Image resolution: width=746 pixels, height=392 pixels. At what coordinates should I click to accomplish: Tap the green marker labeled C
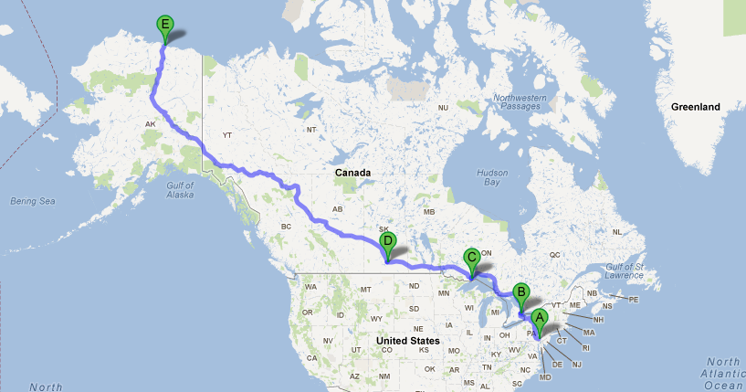tap(471, 258)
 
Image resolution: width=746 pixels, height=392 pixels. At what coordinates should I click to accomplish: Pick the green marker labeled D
tap(388, 242)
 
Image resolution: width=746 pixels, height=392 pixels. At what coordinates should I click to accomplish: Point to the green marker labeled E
tap(165, 25)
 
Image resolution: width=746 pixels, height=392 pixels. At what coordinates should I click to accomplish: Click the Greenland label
tap(696, 107)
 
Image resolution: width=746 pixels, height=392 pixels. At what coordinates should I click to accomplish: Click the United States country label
tap(407, 341)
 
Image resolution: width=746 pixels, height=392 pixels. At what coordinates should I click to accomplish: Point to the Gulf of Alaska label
tap(181, 189)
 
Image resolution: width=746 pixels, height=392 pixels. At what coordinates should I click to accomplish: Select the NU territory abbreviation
tap(443, 108)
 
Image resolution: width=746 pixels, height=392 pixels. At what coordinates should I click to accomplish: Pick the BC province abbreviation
tap(285, 226)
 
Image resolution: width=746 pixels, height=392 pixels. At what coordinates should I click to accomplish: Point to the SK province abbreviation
tap(384, 229)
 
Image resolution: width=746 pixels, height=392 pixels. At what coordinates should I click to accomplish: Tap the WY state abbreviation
tap(376, 319)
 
